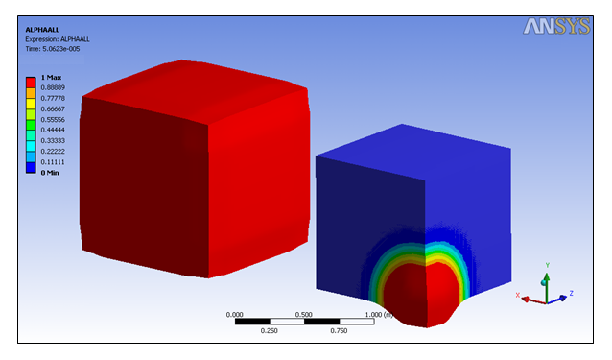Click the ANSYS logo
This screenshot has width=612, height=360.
(556, 26)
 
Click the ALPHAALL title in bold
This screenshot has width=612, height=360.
(42, 30)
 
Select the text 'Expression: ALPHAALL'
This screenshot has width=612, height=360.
(58, 39)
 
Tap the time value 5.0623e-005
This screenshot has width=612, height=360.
(60, 49)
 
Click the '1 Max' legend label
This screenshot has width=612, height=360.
(51, 78)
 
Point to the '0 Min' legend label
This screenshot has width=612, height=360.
(50, 173)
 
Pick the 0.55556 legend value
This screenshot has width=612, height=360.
(53, 119)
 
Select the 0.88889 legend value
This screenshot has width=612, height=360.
(53, 87)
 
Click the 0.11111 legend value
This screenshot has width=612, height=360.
(53, 162)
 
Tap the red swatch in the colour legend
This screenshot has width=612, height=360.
(31, 83)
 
